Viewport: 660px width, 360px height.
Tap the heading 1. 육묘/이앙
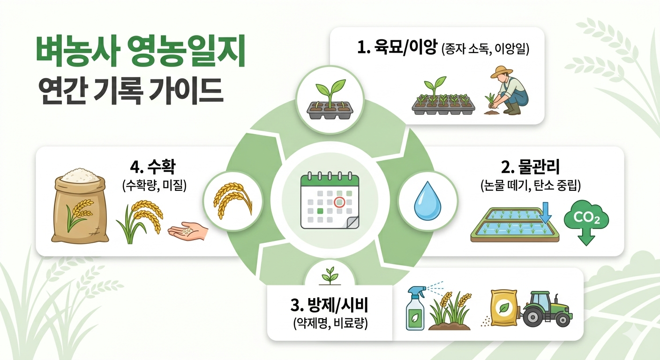click(398, 49)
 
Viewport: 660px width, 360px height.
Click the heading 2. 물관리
click(531, 166)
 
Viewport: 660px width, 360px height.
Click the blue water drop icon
click(427, 203)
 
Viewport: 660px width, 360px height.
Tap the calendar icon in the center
click(330, 201)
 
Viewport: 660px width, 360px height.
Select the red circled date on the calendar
click(339, 202)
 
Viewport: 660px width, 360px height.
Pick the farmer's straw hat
click(501, 72)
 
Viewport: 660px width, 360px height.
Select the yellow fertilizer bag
click(504, 307)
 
